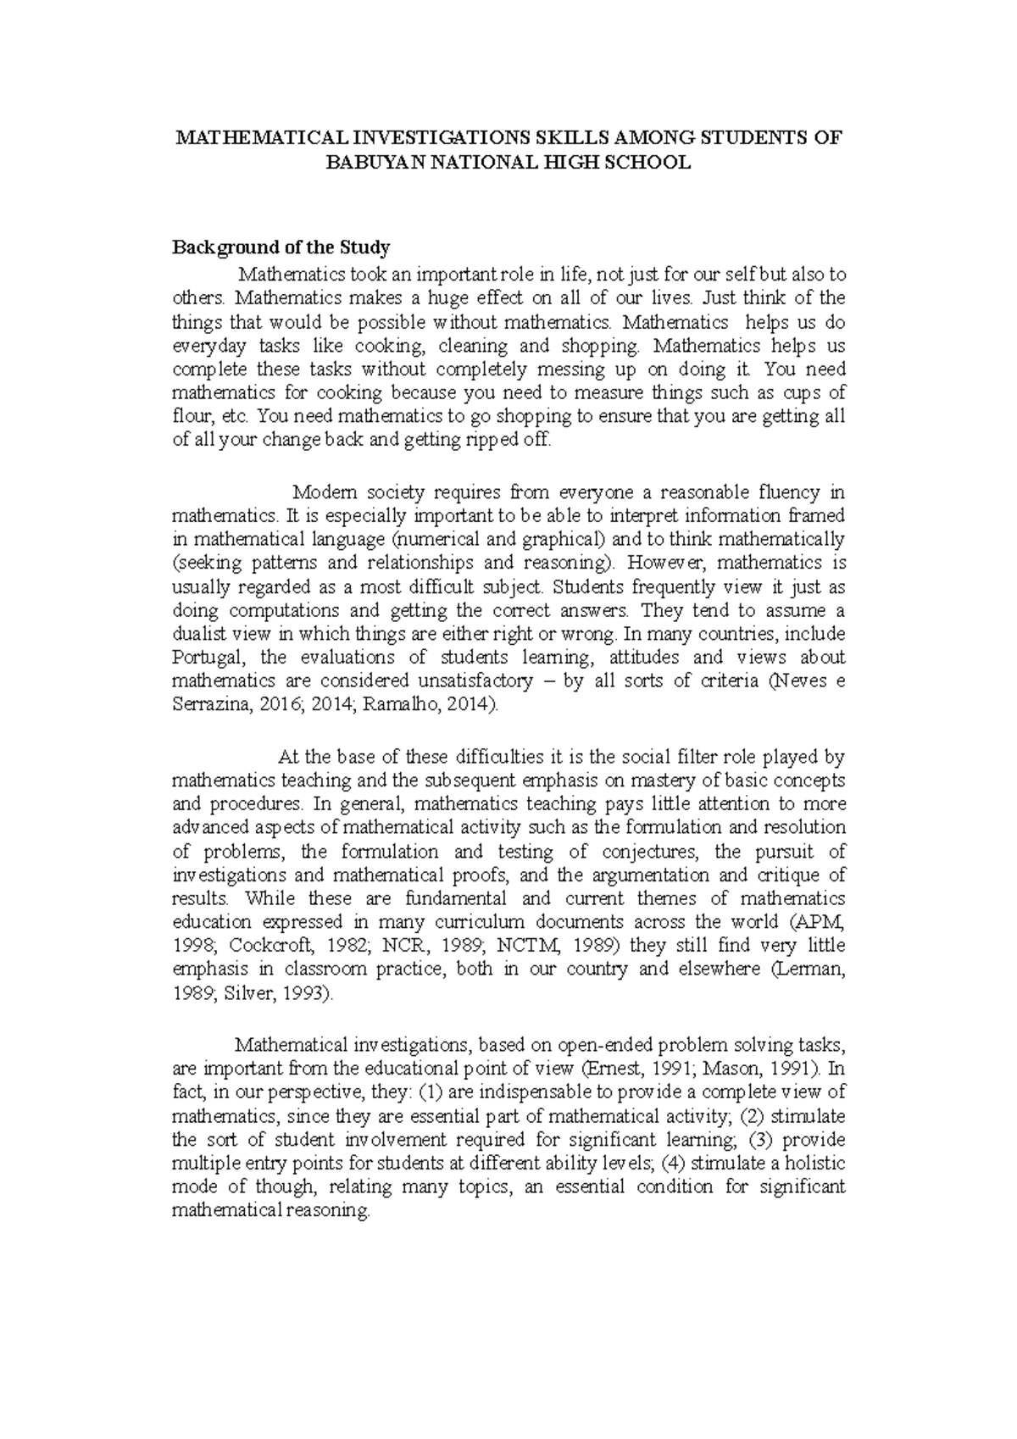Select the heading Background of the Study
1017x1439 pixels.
pyautogui.click(x=281, y=247)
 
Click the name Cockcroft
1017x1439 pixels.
pyautogui.click(x=281, y=946)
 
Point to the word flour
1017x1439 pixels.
pyautogui.click(x=191, y=417)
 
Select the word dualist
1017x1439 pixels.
pyautogui.click(x=199, y=634)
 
